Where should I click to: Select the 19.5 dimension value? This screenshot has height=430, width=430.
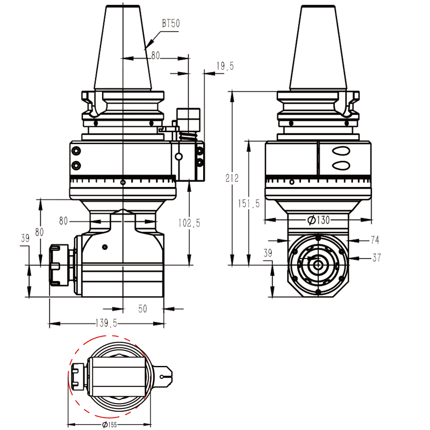point(225,66)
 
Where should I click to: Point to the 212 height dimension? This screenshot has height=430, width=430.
point(232,178)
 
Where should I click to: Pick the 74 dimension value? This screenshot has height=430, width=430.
point(375,239)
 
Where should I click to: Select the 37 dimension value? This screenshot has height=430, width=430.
point(376,258)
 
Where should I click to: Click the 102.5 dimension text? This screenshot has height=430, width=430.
point(189,223)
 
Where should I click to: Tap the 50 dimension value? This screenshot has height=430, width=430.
point(142,309)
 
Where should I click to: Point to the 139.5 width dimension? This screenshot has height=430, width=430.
point(106,323)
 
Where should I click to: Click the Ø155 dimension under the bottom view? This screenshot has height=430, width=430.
point(110,425)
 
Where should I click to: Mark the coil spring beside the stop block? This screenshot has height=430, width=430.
point(186,136)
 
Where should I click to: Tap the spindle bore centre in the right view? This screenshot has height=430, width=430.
point(318,264)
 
